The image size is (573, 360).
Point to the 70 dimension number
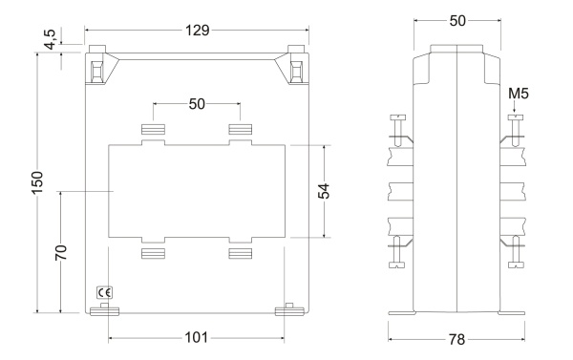coord(60,252)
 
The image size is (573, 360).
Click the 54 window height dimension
coord(325,192)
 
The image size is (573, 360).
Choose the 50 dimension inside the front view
coord(197,103)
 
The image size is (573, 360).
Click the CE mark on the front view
coord(103,291)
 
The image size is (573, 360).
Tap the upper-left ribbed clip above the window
coord(154,129)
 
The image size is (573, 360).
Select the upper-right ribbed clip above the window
coord(240,129)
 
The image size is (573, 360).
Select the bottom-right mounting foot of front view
coord(287,308)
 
